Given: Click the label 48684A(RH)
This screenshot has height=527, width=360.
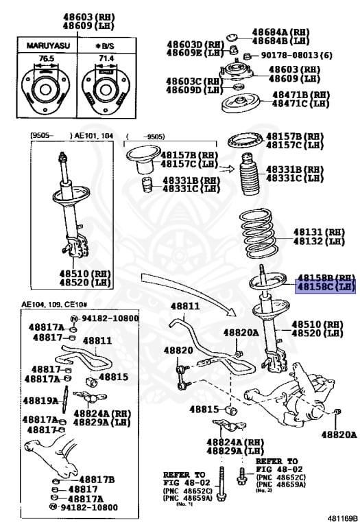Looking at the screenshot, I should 280,32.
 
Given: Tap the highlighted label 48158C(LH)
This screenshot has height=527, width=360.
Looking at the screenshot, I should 325,287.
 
